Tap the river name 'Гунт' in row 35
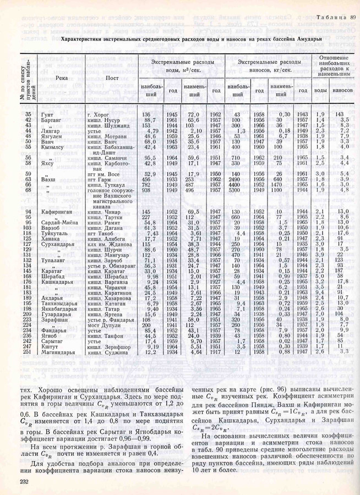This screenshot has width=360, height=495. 47,113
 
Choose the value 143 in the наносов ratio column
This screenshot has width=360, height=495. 339,113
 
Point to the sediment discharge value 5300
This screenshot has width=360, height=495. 236,190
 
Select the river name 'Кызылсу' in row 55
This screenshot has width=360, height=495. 50,147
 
